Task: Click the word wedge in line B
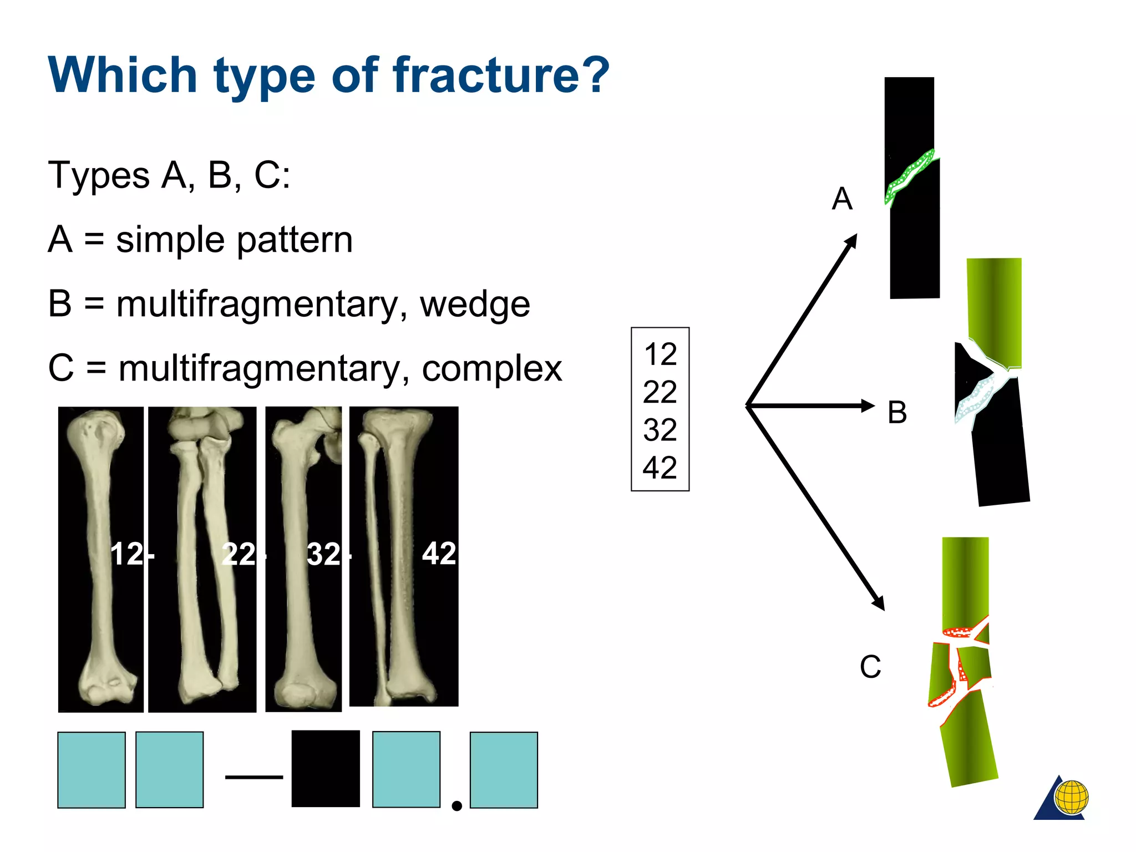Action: (x=474, y=305)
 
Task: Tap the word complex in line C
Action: (x=491, y=368)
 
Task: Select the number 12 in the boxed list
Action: (x=660, y=354)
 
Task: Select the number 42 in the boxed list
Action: (x=660, y=468)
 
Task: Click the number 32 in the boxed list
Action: (x=660, y=430)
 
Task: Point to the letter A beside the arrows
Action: (x=842, y=199)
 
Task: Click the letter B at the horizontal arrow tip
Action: (x=897, y=413)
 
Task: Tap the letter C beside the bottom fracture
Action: (x=870, y=667)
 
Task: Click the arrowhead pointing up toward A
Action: (x=851, y=242)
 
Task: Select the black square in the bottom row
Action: (x=326, y=769)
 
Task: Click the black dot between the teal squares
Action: (x=457, y=806)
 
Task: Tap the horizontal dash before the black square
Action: (x=254, y=777)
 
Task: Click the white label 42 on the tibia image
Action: (x=439, y=554)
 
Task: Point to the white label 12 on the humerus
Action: (x=128, y=554)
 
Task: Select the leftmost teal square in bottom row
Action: (x=92, y=770)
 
